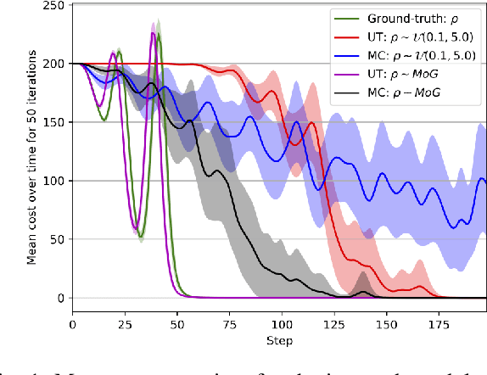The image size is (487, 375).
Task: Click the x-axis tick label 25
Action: coord(125,325)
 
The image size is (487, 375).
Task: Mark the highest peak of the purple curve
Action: coord(154,33)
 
